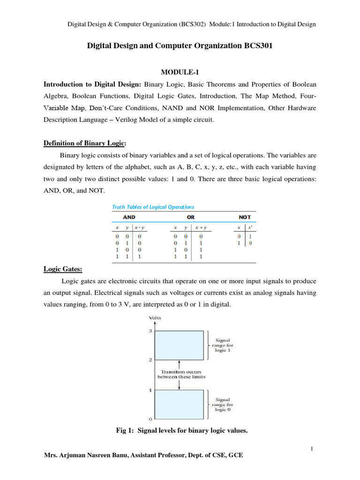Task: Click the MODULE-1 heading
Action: pos(180,72)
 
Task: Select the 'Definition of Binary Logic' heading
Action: pos(85,142)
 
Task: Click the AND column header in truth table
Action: pos(129,217)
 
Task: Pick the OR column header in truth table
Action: pos(190,217)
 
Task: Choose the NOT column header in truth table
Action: pos(244,217)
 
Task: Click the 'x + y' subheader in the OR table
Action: pos(201,227)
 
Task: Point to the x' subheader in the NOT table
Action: pos(250,227)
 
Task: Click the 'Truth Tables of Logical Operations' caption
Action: pos(152,207)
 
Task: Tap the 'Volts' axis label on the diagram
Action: pos(154,318)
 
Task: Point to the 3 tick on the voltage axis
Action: pos(150,331)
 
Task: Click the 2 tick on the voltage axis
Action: pos(150,360)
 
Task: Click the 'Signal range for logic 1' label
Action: pos(223,346)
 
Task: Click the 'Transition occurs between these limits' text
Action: pos(180,374)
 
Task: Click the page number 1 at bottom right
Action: pos(312,449)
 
